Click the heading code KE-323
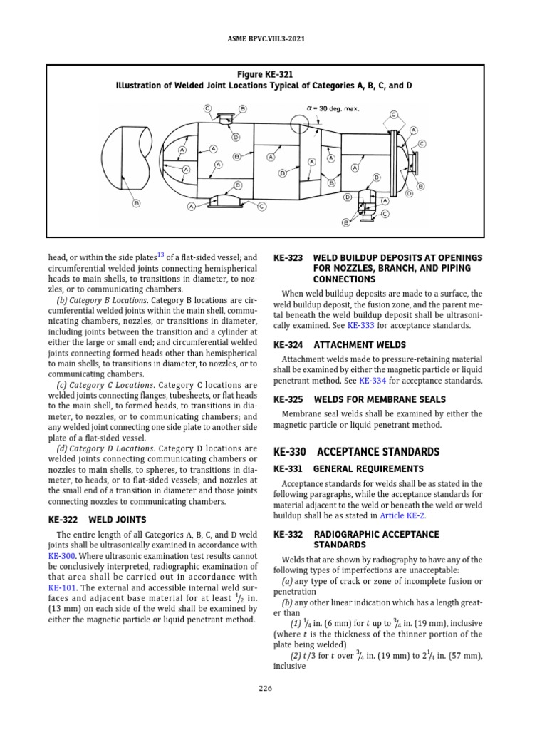tap(288, 257)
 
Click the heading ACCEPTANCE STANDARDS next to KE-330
tap(378, 452)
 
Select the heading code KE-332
tap(288, 534)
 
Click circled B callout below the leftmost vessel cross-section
tap(136, 203)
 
